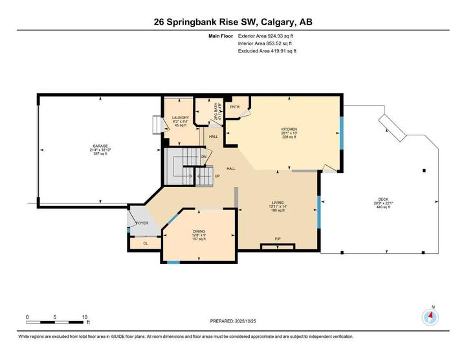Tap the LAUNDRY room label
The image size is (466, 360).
coord(180,117)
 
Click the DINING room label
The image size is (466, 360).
coord(199,231)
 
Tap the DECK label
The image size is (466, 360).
coord(384,199)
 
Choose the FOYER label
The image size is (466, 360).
coord(142,223)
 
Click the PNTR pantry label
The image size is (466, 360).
coord(235,107)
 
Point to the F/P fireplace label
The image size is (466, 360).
coord(278,239)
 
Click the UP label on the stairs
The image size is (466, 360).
coord(217,175)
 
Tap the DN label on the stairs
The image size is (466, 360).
coord(204,157)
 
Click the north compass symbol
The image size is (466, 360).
coord(430,317)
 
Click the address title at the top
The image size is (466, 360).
coord(233,22)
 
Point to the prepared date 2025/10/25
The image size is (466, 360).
coord(234,321)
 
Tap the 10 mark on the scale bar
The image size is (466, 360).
coord(85,317)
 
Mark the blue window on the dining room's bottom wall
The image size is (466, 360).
coord(173,262)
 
